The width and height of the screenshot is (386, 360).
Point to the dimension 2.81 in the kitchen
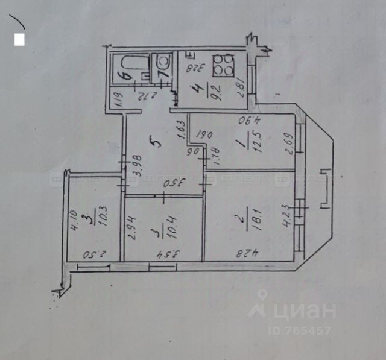click(242, 88)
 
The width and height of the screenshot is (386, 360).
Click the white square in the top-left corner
click(19, 40)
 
